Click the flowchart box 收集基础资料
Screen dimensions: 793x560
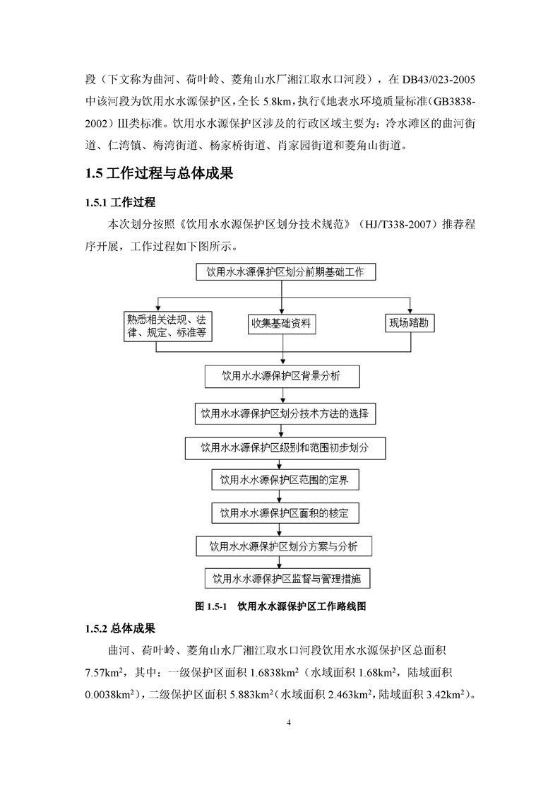pos(282,325)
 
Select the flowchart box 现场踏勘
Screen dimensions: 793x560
pos(410,324)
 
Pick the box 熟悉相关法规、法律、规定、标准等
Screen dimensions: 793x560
pos(168,325)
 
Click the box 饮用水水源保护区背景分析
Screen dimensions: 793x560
pos(282,377)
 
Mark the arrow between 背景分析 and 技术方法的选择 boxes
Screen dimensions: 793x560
pos(282,395)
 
